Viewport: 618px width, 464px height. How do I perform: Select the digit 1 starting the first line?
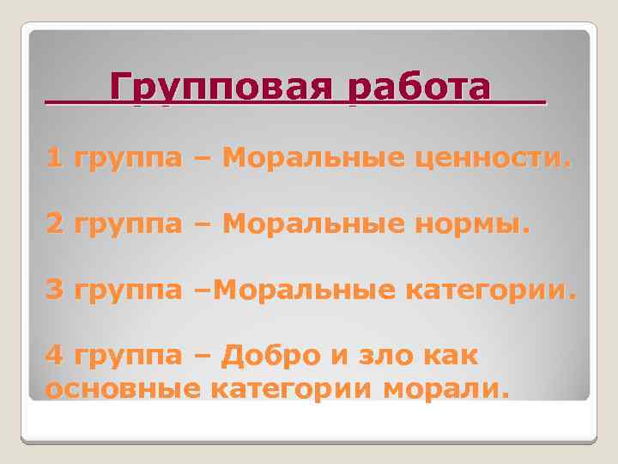(55, 158)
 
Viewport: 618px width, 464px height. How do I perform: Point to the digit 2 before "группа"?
(55, 224)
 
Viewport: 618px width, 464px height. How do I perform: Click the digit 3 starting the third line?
(55, 290)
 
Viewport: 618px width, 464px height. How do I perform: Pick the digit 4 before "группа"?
(55, 356)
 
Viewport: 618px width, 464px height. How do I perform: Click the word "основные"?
(123, 388)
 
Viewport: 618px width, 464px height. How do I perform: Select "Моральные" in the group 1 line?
(300, 158)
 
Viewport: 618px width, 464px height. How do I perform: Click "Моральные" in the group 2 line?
(300, 224)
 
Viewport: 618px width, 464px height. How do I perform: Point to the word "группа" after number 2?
(129, 226)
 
